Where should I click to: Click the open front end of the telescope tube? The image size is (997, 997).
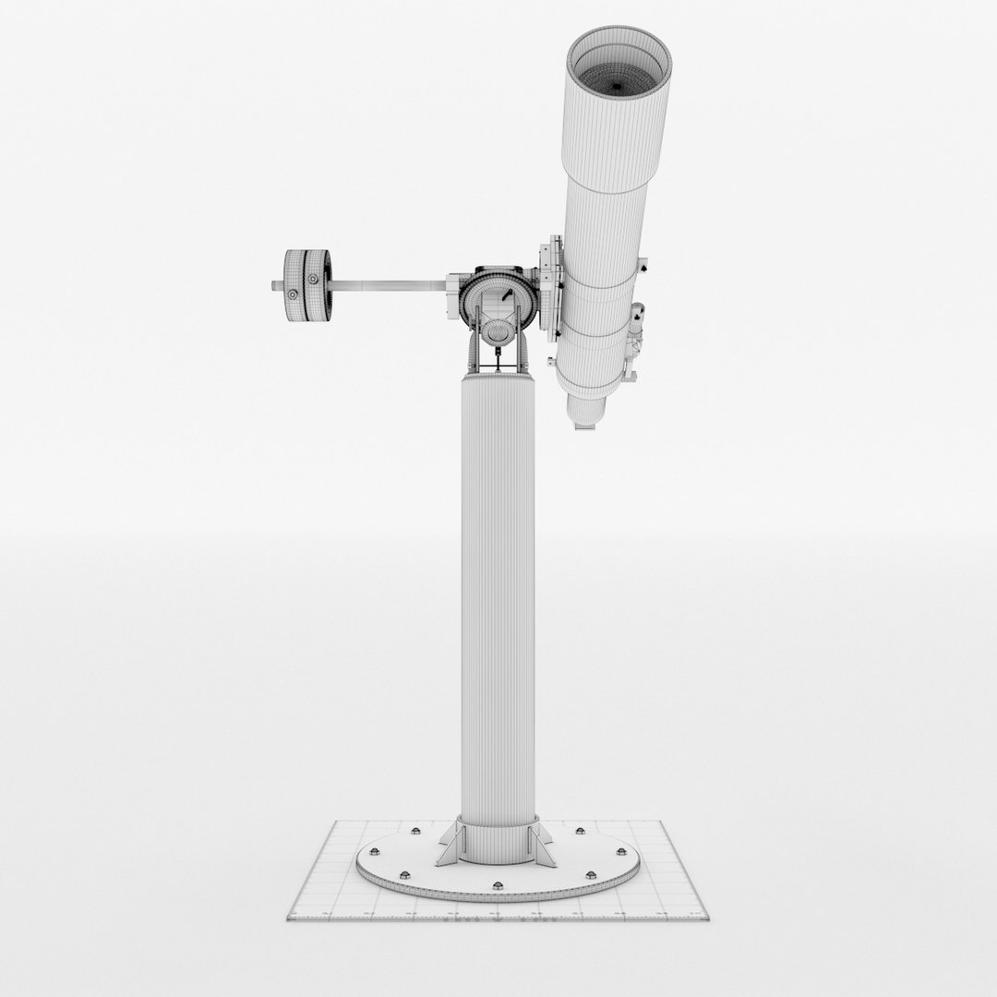coord(619,65)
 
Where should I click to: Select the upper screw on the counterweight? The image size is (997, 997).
coord(315,277)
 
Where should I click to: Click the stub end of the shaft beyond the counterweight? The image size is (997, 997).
coord(276,286)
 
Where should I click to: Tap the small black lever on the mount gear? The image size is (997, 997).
coord(507,294)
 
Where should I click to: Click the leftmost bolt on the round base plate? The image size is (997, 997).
coord(376,850)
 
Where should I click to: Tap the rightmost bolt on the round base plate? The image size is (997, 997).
coord(617,850)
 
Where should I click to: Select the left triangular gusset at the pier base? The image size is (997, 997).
coord(449,842)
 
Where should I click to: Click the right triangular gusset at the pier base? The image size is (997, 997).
coord(547,842)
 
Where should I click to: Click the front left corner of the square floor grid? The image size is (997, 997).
coord(289,919)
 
